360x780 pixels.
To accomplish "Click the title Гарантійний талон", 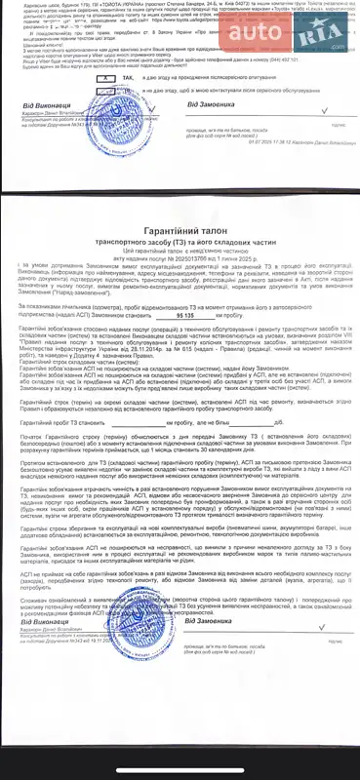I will (178, 228).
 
